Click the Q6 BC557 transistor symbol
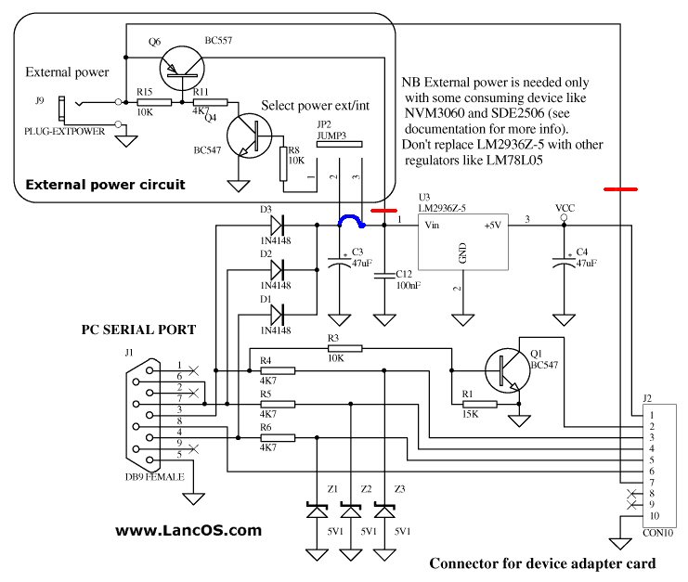(x=178, y=65)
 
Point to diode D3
(x=276, y=224)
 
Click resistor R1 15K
(x=479, y=404)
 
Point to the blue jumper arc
(x=351, y=221)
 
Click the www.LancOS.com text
(x=188, y=531)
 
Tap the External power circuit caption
(x=105, y=185)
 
